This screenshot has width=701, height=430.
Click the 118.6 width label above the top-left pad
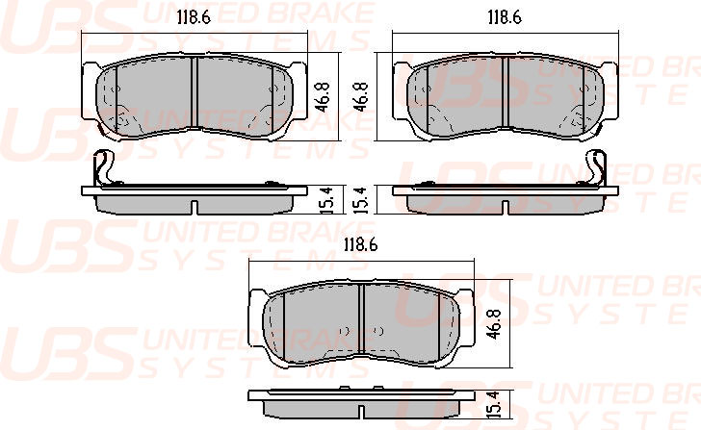click(x=194, y=17)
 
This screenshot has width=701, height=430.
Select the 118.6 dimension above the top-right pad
click(x=505, y=17)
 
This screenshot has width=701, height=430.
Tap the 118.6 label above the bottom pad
click(x=361, y=244)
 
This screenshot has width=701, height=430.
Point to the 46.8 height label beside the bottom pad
click(x=494, y=324)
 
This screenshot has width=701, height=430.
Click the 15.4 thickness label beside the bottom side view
click(x=494, y=405)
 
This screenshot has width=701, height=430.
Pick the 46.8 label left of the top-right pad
click(x=360, y=96)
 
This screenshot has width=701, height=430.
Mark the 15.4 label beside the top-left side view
click(x=326, y=200)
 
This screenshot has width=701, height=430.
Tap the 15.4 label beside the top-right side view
click(x=361, y=200)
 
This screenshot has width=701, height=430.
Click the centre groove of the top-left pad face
click(x=195, y=92)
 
